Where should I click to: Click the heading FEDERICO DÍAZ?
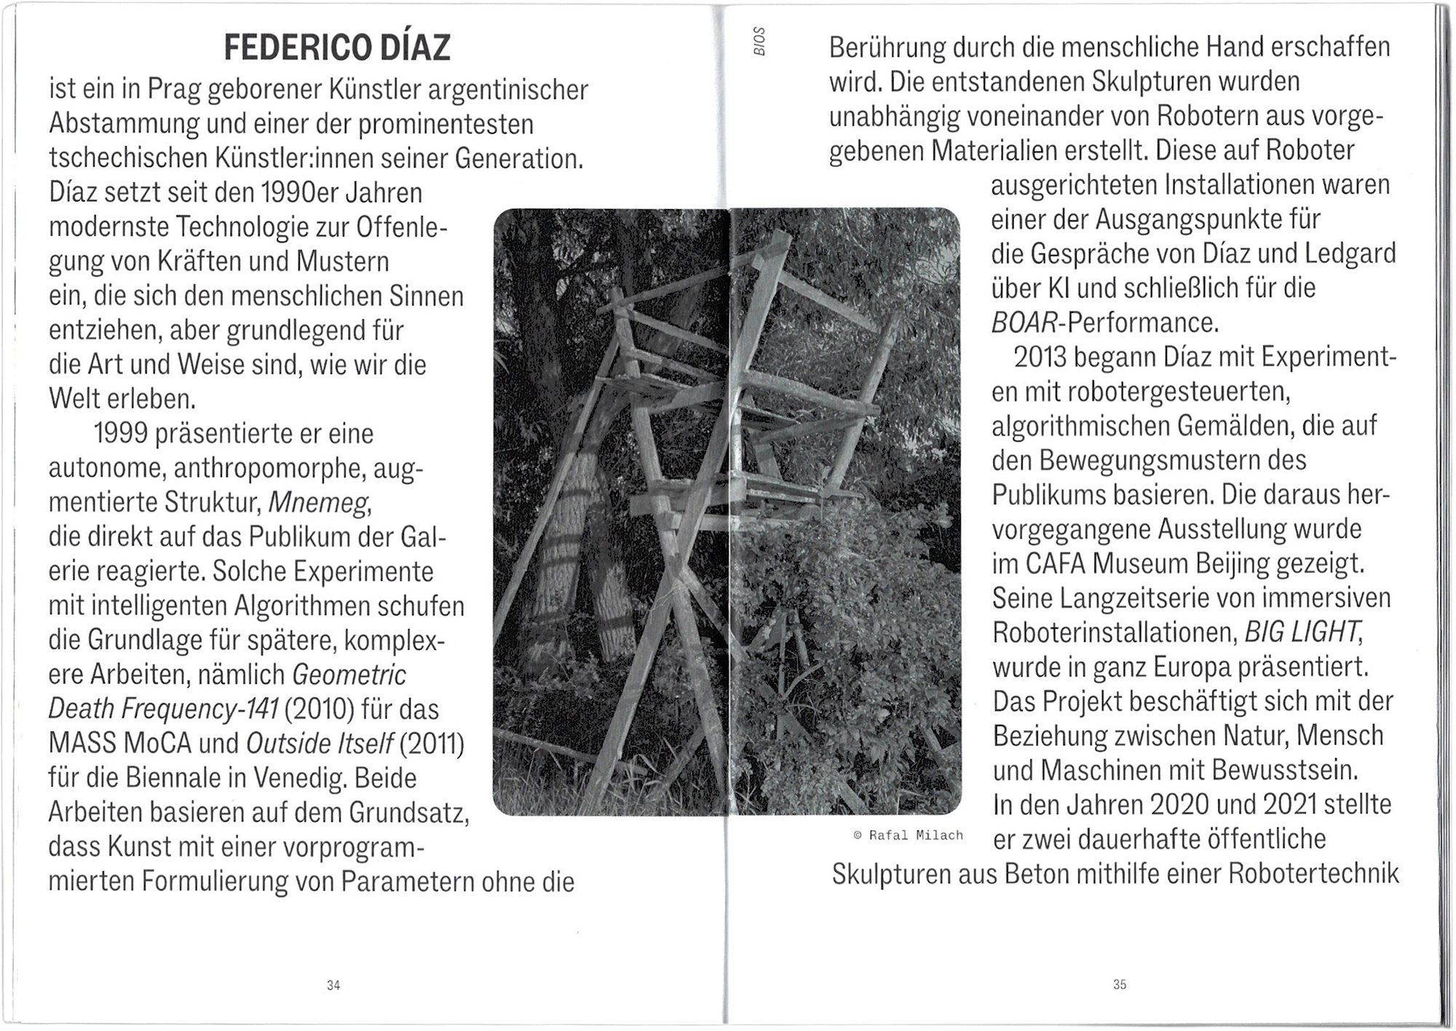(x=337, y=48)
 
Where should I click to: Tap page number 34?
(x=333, y=985)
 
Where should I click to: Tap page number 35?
(x=1120, y=984)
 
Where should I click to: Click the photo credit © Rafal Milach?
(x=908, y=835)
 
